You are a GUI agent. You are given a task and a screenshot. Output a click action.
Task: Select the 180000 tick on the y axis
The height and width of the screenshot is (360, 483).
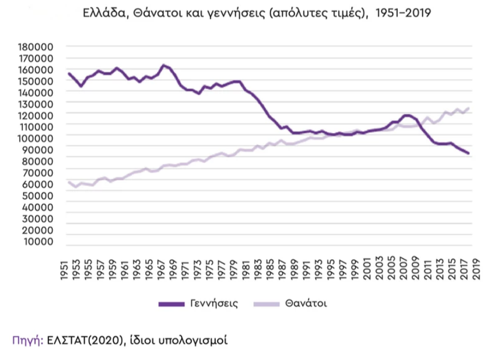[x=36, y=47]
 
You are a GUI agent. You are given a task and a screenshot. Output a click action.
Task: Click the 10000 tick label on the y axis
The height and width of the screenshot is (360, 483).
[x=39, y=242]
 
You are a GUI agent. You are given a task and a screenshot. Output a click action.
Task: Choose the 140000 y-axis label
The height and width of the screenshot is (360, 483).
[x=36, y=93]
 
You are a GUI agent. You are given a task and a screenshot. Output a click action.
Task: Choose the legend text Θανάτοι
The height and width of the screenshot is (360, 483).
[x=306, y=303]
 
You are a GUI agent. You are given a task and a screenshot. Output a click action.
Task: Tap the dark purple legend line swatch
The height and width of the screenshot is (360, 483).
[x=171, y=304]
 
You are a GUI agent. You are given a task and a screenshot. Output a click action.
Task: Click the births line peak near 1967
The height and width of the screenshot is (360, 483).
[x=163, y=65]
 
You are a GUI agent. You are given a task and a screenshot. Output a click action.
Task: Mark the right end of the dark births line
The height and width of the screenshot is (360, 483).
[x=468, y=153]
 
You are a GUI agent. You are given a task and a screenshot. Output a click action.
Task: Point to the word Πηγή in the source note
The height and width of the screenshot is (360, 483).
[x=25, y=340]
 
